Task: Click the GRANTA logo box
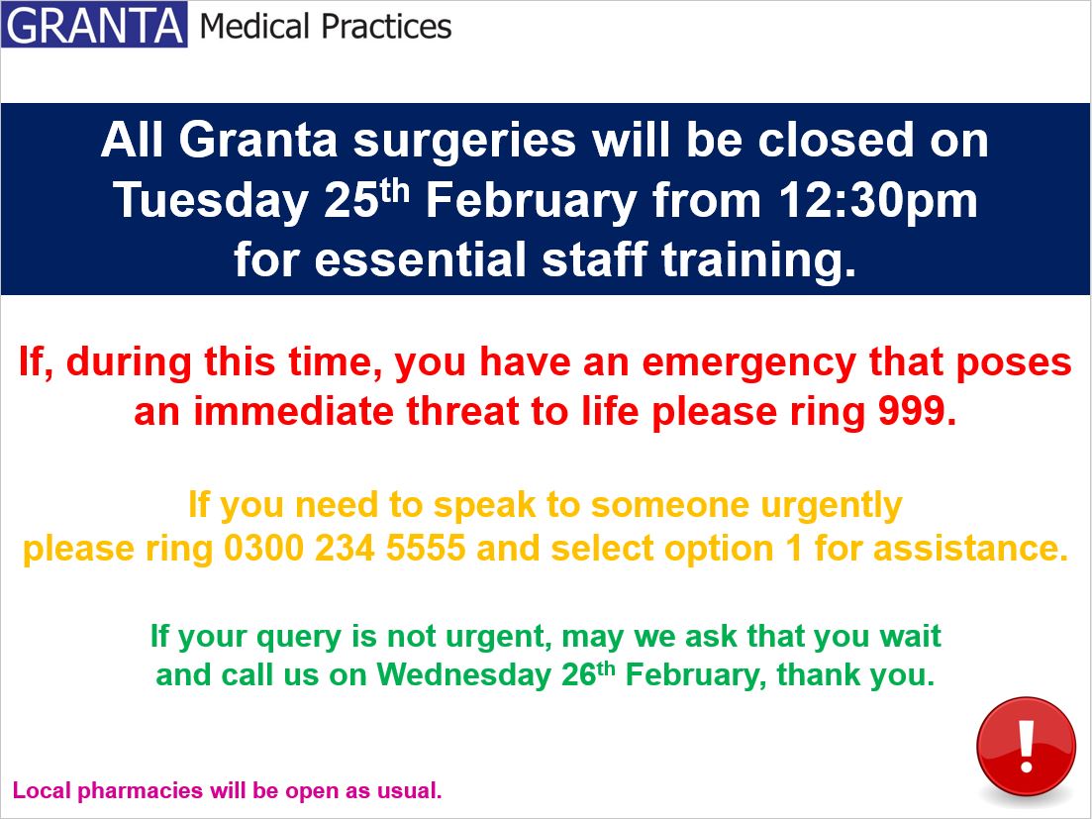pos(94,26)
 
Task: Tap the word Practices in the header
pos(387,27)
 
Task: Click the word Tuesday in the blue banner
pos(210,201)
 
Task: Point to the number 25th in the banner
pos(364,199)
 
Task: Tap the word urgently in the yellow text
pos(832,505)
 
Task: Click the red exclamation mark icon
pos(1025,747)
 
